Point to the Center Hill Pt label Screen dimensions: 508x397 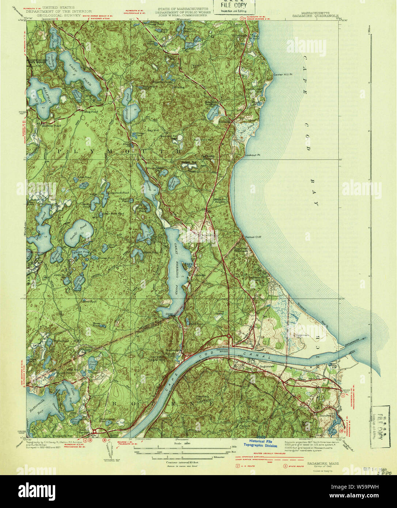283,75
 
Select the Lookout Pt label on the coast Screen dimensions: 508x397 253,155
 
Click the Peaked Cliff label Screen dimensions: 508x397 253,237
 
